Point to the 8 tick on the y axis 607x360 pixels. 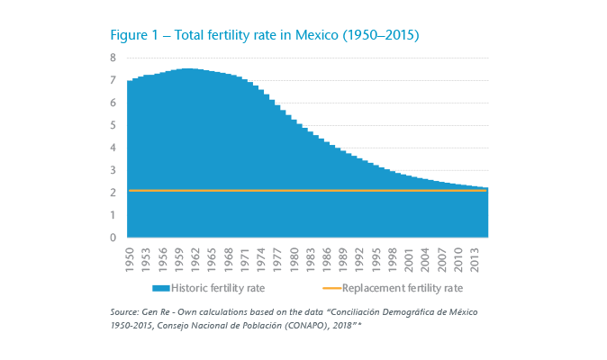[x=113, y=58]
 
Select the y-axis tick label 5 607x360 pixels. [x=113, y=125]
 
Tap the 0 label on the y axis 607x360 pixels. [x=113, y=238]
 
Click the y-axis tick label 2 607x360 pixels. [x=113, y=193]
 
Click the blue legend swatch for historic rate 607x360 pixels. [x=161, y=288]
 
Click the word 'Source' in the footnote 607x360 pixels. [x=123, y=311]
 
